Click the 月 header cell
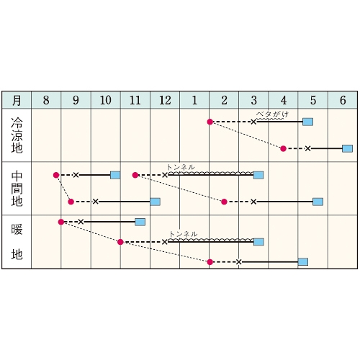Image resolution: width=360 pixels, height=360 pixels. [x=17, y=100]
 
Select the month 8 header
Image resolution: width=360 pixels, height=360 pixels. [x=46, y=100]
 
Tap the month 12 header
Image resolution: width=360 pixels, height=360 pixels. [x=165, y=100]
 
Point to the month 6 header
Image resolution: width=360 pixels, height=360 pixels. [x=343, y=100]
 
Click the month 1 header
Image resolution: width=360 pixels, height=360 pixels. [x=194, y=100]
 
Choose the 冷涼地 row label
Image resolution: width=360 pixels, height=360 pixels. [x=17, y=135]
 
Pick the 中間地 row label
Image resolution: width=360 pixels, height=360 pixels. [x=17, y=189]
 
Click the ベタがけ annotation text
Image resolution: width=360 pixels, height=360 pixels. [x=272, y=114]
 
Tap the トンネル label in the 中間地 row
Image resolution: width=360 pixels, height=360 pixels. [x=181, y=167]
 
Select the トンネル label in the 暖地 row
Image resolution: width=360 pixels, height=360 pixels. [x=183, y=234]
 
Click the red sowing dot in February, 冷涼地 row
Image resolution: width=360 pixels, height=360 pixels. [x=210, y=122]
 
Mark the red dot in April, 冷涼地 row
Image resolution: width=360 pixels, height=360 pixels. [x=283, y=148]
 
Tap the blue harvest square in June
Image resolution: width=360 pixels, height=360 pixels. [x=347, y=148]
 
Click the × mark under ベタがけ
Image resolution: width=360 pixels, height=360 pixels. [x=253, y=122]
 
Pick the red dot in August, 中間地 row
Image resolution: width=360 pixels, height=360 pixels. [x=56, y=175]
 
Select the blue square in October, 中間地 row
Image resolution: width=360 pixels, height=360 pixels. [x=115, y=175]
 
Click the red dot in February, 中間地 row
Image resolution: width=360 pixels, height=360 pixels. [x=224, y=202]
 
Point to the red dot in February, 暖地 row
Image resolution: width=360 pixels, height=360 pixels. [x=210, y=262]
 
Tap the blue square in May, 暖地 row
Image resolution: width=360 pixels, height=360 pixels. [x=303, y=262]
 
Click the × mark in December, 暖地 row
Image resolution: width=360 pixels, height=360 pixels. [x=165, y=242]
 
